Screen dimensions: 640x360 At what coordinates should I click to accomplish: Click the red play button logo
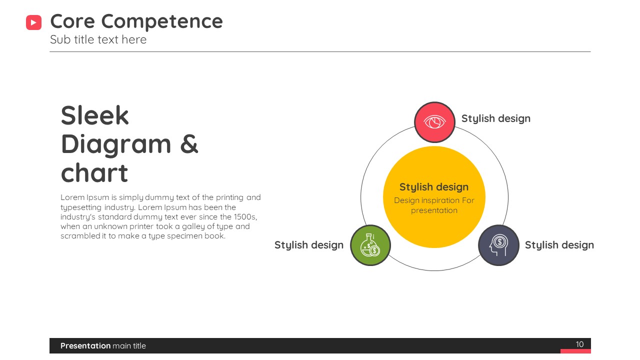[x=33, y=22]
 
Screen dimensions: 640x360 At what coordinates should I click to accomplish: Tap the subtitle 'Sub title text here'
[x=98, y=39]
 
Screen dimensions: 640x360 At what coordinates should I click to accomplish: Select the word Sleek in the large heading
[x=94, y=115]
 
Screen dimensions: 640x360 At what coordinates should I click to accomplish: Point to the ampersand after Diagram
[x=189, y=143]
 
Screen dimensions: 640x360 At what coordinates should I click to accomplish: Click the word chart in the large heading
[x=94, y=173]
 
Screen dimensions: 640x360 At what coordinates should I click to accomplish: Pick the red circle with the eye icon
[x=434, y=122]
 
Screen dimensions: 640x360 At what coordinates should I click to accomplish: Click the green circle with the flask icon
[x=370, y=245]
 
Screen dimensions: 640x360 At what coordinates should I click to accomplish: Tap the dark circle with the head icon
[x=498, y=245]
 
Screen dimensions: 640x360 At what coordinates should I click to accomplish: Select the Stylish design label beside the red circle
[x=495, y=118]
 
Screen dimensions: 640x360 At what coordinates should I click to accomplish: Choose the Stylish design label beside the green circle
[x=309, y=245]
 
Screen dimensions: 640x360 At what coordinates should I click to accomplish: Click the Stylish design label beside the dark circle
[x=559, y=245]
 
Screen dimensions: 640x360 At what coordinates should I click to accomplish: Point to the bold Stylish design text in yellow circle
[x=434, y=187]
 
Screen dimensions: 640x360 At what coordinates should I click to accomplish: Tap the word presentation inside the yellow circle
[x=434, y=210]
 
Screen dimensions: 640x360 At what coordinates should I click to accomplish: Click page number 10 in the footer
[x=579, y=344]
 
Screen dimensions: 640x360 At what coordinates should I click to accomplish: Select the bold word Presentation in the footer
[x=85, y=345]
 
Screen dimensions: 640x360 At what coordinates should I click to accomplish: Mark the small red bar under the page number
[x=575, y=351]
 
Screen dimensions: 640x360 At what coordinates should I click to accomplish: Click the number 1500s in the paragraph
[x=244, y=217]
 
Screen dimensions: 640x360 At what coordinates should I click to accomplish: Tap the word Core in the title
[x=72, y=21]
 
